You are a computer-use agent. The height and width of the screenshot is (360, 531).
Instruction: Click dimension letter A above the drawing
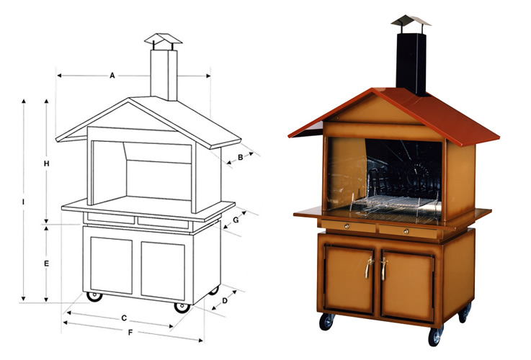click(x=112, y=75)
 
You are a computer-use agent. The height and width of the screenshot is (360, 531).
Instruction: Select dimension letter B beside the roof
click(x=240, y=158)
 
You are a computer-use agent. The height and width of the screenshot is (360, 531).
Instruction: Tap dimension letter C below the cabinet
click(x=124, y=318)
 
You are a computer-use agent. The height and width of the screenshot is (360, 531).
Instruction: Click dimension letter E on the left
click(x=46, y=264)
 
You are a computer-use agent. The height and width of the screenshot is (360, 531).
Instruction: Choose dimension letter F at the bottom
click(x=130, y=333)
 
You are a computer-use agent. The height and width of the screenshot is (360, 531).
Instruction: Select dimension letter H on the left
click(x=46, y=164)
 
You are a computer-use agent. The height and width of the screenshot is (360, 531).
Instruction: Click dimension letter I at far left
click(x=24, y=202)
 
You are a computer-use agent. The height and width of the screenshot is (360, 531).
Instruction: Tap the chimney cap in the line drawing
click(x=164, y=40)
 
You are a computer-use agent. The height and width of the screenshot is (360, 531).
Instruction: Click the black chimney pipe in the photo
click(x=411, y=61)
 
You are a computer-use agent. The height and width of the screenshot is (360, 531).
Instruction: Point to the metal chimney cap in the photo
click(x=411, y=20)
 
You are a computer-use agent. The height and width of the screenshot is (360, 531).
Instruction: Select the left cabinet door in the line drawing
click(x=111, y=266)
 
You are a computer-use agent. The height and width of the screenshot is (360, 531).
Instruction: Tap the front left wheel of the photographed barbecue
click(x=327, y=320)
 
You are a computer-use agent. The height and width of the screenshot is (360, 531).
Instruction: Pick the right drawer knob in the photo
click(x=406, y=231)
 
